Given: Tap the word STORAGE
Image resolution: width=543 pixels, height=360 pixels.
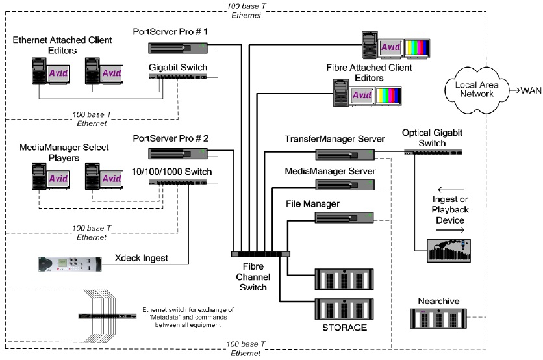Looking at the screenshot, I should coord(344,328).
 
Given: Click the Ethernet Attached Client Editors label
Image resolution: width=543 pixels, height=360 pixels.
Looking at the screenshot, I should coord(62,45).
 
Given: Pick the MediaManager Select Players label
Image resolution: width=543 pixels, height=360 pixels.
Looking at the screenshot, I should coord(62,153).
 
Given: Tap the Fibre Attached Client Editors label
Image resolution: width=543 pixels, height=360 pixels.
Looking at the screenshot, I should coord(368,73).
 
